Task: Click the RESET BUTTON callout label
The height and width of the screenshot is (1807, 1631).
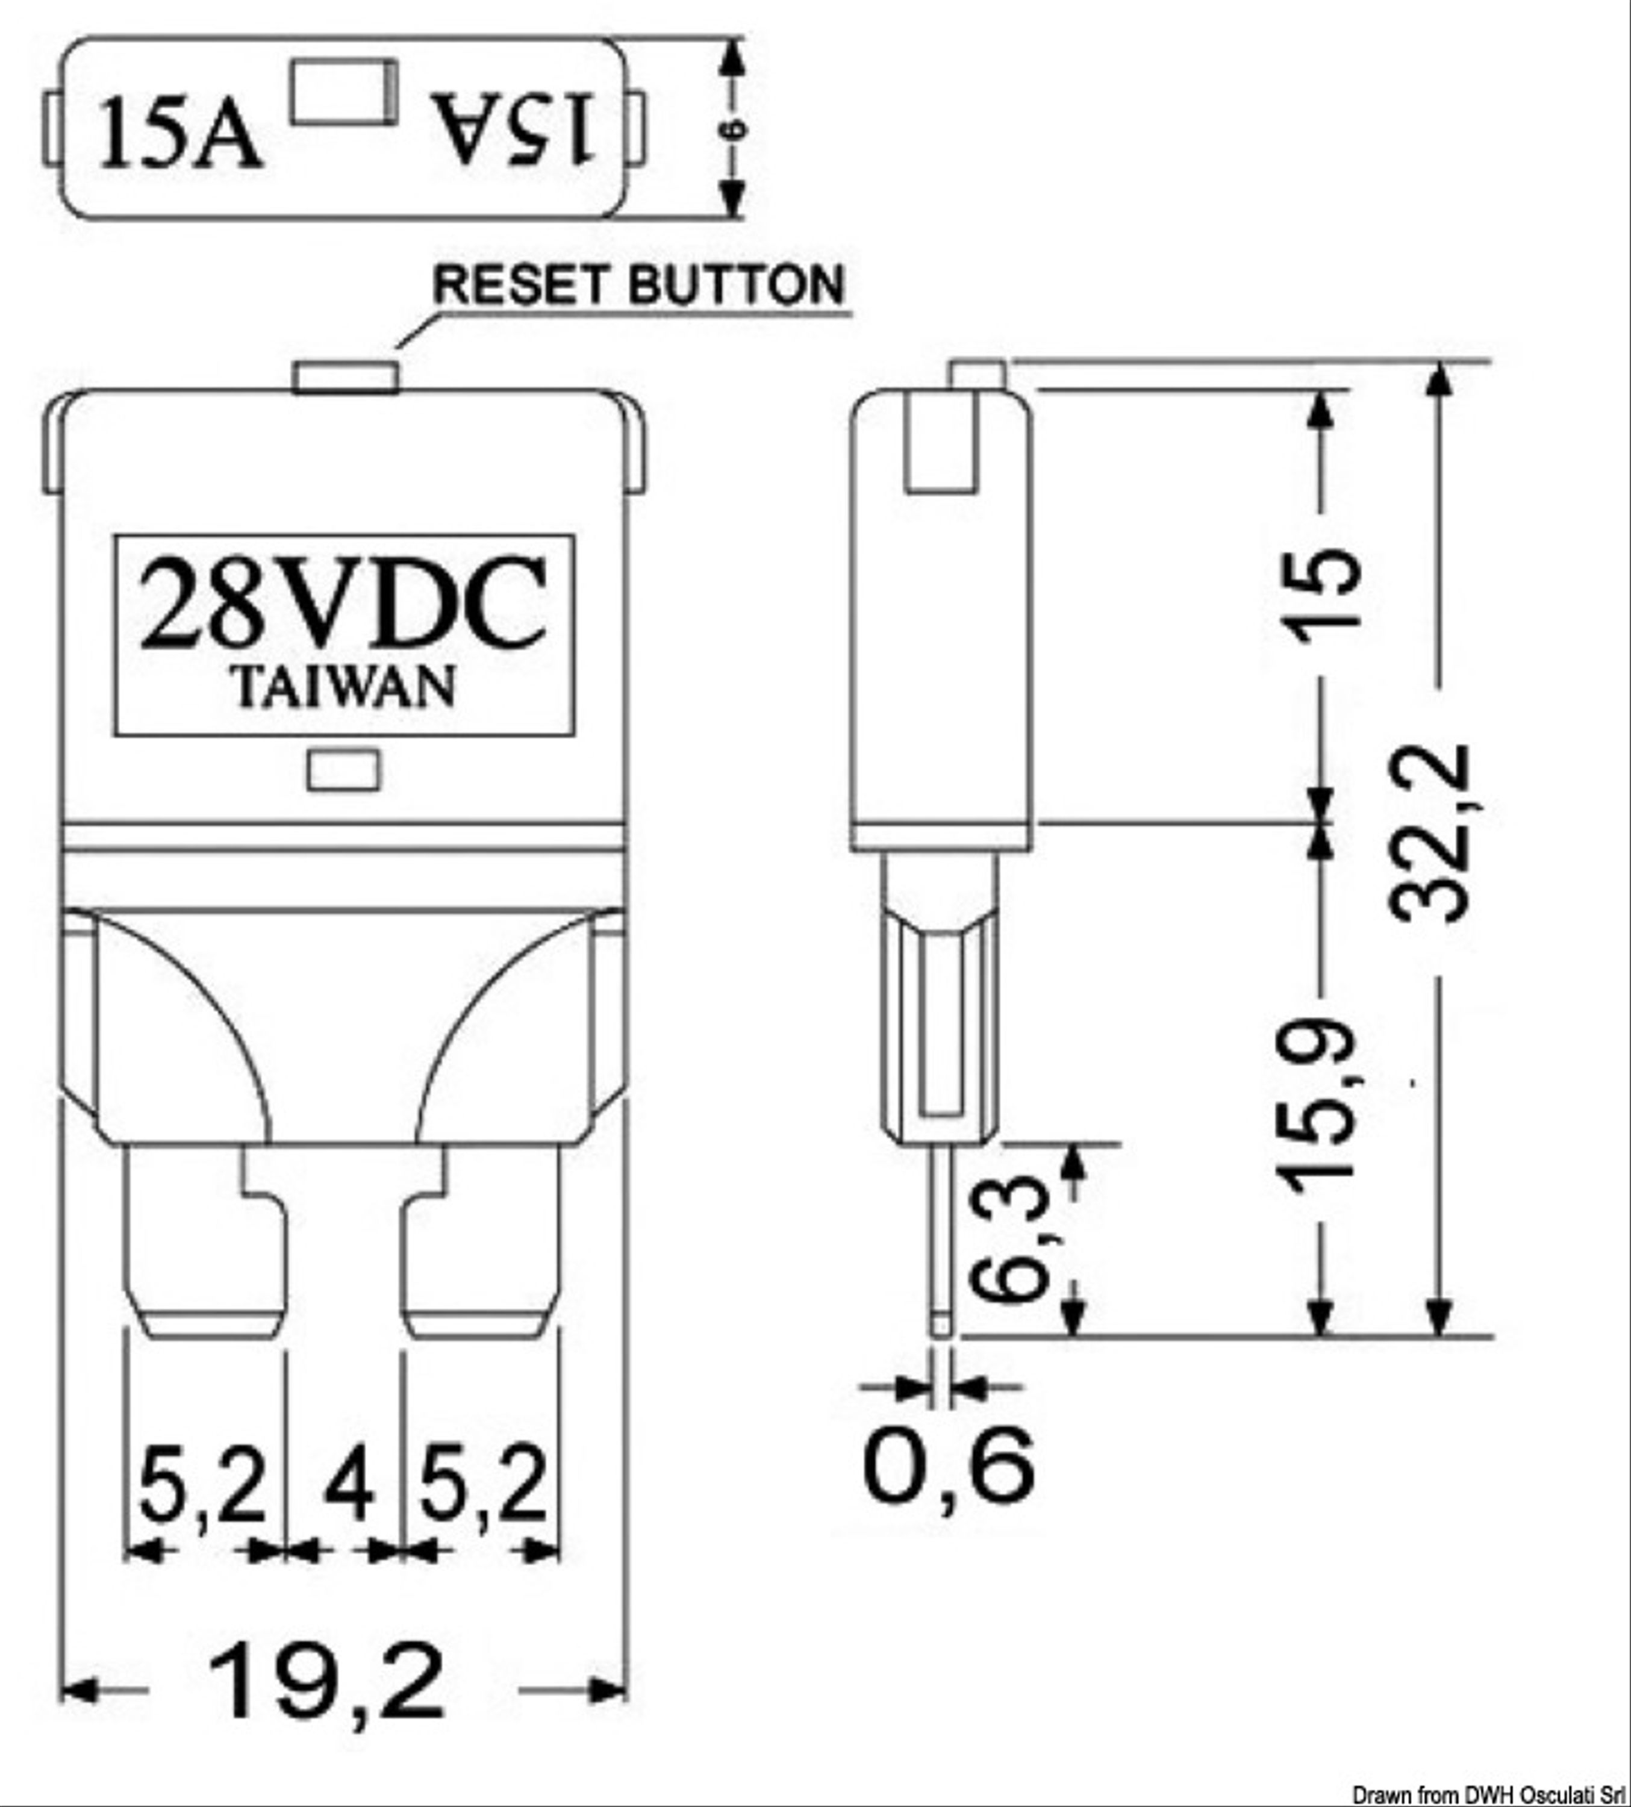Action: point(639,285)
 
